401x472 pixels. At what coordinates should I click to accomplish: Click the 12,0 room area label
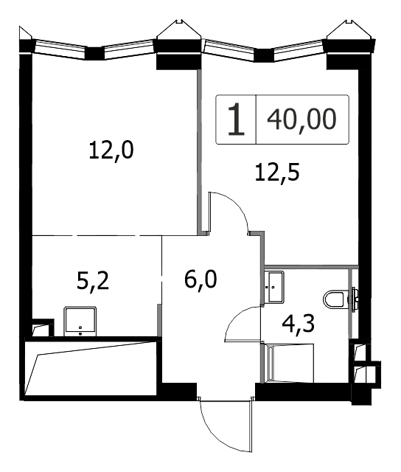click(111, 150)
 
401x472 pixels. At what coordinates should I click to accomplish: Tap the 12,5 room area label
click(277, 173)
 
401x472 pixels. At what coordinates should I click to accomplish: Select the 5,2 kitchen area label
click(93, 282)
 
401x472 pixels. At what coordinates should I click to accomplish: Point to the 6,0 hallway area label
click(200, 280)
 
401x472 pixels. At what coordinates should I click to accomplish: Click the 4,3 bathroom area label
click(298, 324)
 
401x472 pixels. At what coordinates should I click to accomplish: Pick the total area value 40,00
click(301, 119)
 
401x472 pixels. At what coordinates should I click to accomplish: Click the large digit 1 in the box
click(236, 119)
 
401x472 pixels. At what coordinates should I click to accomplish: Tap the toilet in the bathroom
click(340, 299)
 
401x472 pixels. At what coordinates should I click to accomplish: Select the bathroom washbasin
click(274, 287)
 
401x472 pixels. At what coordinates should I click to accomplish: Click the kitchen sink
click(80, 322)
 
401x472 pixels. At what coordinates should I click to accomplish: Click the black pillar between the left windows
click(94, 53)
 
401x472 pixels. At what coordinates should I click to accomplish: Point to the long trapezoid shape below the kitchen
click(91, 368)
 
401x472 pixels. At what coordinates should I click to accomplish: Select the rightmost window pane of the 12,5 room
click(300, 50)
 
